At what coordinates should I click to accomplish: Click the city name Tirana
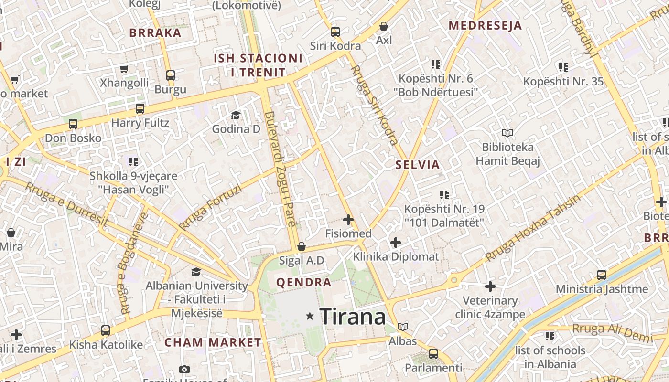coord(353,316)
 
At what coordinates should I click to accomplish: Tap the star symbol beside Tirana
coord(310,316)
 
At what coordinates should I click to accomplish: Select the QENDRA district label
coord(304,282)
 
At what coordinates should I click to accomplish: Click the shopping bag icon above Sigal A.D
coord(302,246)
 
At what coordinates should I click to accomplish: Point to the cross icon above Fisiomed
coord(348,220)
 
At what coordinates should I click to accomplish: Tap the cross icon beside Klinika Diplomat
coord(396,242)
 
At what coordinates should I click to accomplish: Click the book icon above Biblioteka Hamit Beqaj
coord(507,133)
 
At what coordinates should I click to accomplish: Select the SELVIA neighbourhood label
coord(418,165)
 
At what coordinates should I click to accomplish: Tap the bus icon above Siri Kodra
coord(335,32)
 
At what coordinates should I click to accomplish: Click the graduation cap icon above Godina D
coord(236,115)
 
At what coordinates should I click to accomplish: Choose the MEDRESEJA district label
coord(485,26)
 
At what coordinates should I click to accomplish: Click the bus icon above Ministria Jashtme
coord(602,275)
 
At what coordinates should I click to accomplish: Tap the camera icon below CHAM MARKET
coord(184,369)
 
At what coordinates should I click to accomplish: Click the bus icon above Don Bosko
coord(73,124)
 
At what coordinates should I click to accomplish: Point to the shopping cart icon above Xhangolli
coord(124,69)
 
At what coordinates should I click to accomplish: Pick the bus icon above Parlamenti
coord(433,354)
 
